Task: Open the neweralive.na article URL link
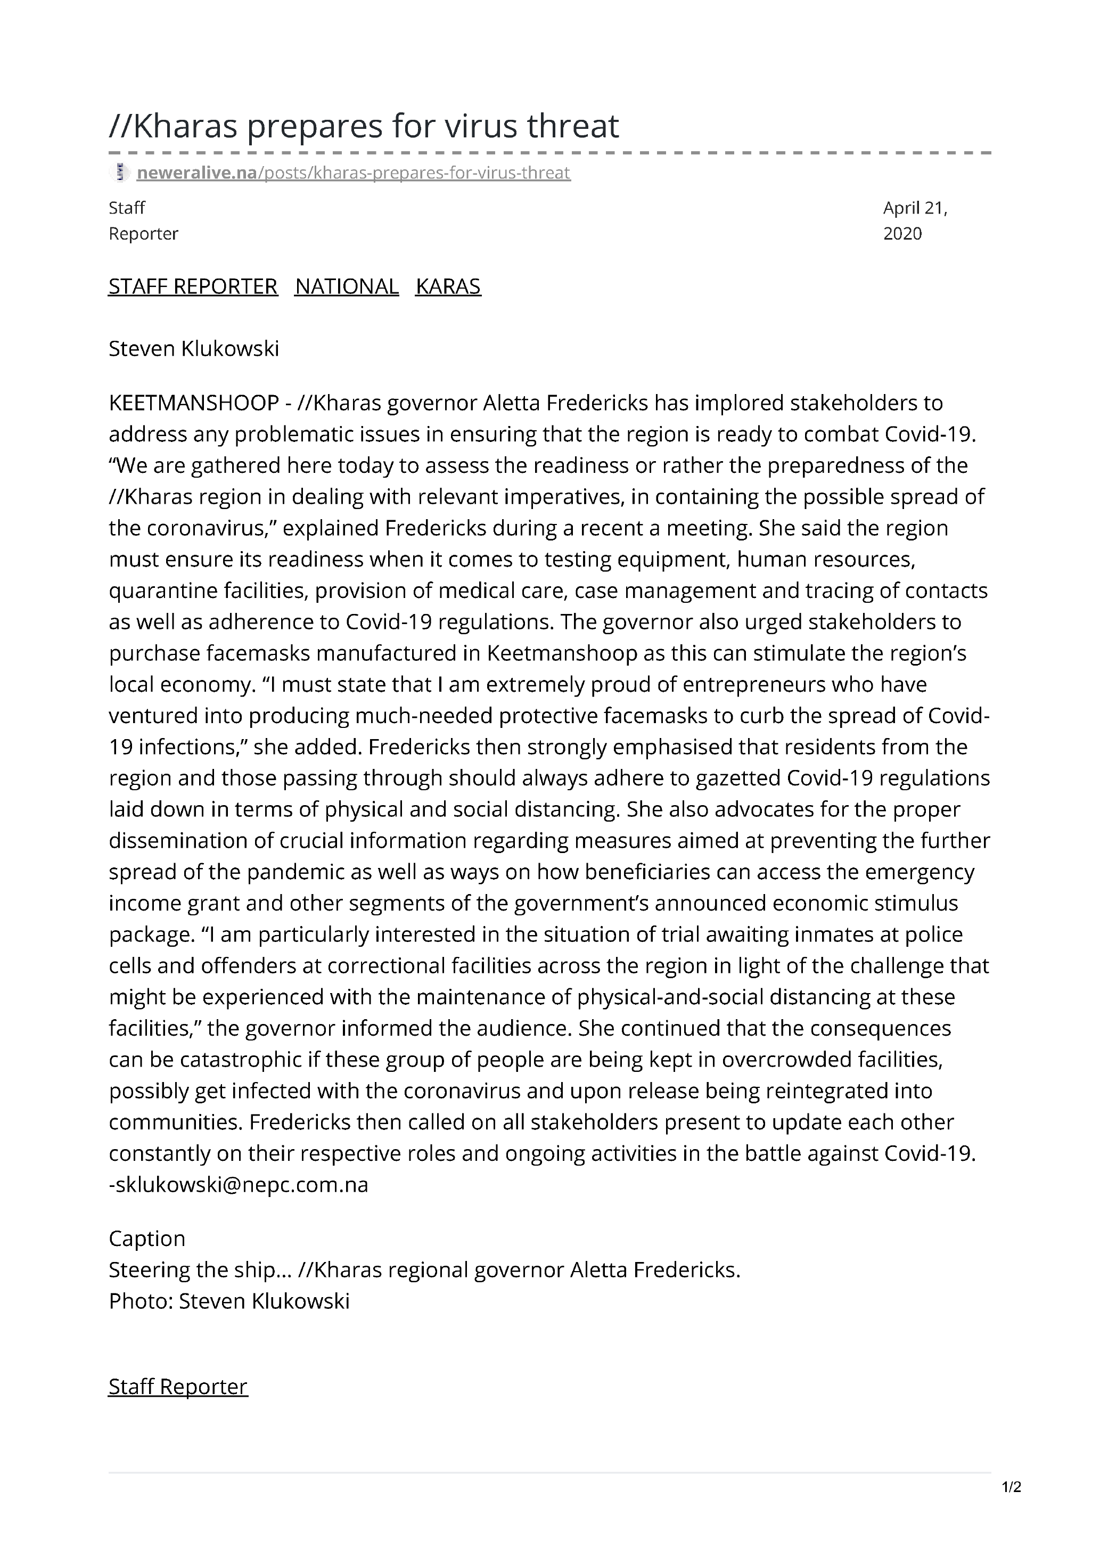click(x=354, y=173)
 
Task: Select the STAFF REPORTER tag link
click(x=193, y=286)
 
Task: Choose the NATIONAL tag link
click(x=347, y=286)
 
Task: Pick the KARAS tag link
click(x=448, y=286)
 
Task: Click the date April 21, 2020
click(x=914, y=220)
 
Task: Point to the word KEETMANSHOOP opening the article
click(x=194, y=403)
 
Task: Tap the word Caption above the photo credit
click(x=147, y=1238)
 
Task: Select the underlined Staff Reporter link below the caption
click(x=178, y=1386)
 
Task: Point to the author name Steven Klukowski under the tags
click(x=194, y=349)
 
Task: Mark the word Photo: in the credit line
click(x=141, y=1301)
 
